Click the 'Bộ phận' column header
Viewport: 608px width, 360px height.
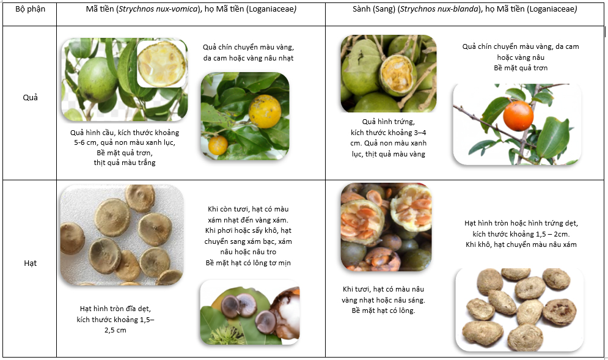[30, 9]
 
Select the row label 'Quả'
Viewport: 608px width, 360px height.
[30, 97]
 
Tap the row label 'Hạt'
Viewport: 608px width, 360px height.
[30, 263]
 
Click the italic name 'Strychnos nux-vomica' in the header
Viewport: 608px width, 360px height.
[158, 9]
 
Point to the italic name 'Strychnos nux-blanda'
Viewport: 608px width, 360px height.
[439, 9]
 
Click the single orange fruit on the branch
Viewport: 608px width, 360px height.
[518, 116]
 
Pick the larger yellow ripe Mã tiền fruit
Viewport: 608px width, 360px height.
[265, 111]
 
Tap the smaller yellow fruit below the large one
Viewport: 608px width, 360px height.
[218, 145]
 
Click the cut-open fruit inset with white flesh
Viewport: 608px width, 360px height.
[161, 64]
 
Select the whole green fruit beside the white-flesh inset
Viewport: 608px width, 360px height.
[98, 80]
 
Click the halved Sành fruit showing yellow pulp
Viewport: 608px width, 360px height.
[397, 75]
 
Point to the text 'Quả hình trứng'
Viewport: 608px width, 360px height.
[389, 122]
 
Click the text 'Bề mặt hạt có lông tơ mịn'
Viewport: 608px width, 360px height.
[248, 263]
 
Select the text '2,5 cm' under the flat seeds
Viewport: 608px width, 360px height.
[115, 330]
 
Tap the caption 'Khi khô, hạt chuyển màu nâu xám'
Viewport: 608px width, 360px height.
[521, 244]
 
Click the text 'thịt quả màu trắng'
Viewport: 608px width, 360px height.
[125, 163]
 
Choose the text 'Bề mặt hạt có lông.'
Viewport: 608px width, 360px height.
[383, 310]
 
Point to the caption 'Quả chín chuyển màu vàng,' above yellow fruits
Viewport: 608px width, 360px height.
[248, 47]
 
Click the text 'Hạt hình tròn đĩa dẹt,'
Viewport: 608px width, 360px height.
[115, 309]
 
